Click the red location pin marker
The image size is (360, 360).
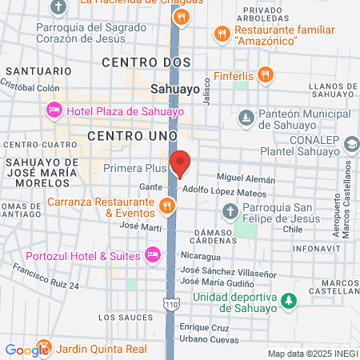click(x=180, y=162)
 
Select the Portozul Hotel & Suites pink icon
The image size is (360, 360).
click(x=153, y=255)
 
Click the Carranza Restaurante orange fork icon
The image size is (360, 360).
click(x=167, y=206)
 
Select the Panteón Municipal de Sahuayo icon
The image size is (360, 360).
click(x=247, y=118)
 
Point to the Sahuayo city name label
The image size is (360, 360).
click(x=175, y=90)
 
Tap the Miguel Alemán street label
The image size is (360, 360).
click(x=246, y=179)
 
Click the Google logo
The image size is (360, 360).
click(x=26, y=350)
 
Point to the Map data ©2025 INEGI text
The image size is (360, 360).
click(x=312, y=354)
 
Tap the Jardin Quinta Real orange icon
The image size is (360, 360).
click(x=46, y=349)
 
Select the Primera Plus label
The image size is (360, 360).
click(x=134, y=169)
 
